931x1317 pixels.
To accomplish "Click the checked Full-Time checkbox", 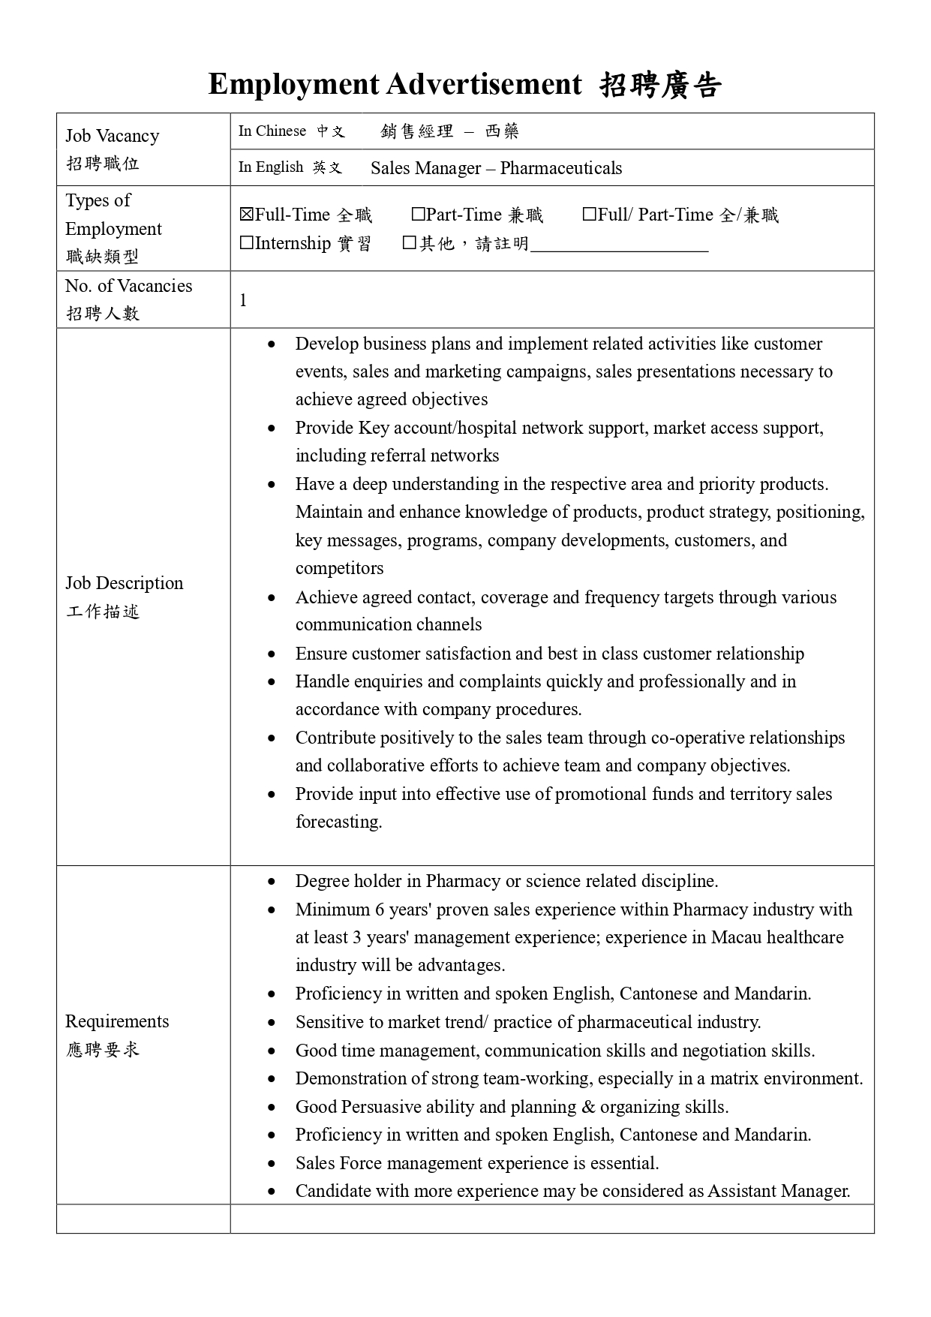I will (x=246, y=215).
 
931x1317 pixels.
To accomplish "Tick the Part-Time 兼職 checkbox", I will (x=418, y=215).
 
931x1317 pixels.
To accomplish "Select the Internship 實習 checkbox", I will (x=246, y=243).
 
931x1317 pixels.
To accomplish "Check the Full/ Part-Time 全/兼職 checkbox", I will (x=590, y=215).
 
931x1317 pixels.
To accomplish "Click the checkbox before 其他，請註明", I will (x=409, y=243).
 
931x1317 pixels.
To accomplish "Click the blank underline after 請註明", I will (x=619, y=245).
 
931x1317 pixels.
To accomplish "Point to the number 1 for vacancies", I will (x=243, y=300).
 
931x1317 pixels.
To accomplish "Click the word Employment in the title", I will (x=293, y=84).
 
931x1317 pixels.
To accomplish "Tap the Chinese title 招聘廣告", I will (x=660, y=86).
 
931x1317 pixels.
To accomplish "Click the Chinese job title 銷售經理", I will (x=417, y=132).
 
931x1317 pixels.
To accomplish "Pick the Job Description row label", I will (x=124, y=584).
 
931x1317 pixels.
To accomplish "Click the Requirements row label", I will (x=117, y=1021).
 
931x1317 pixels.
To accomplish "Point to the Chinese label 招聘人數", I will (x=103, y=314).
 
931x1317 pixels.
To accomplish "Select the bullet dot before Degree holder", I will (x=272, y=882).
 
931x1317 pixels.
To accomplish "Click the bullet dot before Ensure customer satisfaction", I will (x=272, y=654).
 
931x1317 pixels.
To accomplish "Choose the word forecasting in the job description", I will (x=338, y=822).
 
